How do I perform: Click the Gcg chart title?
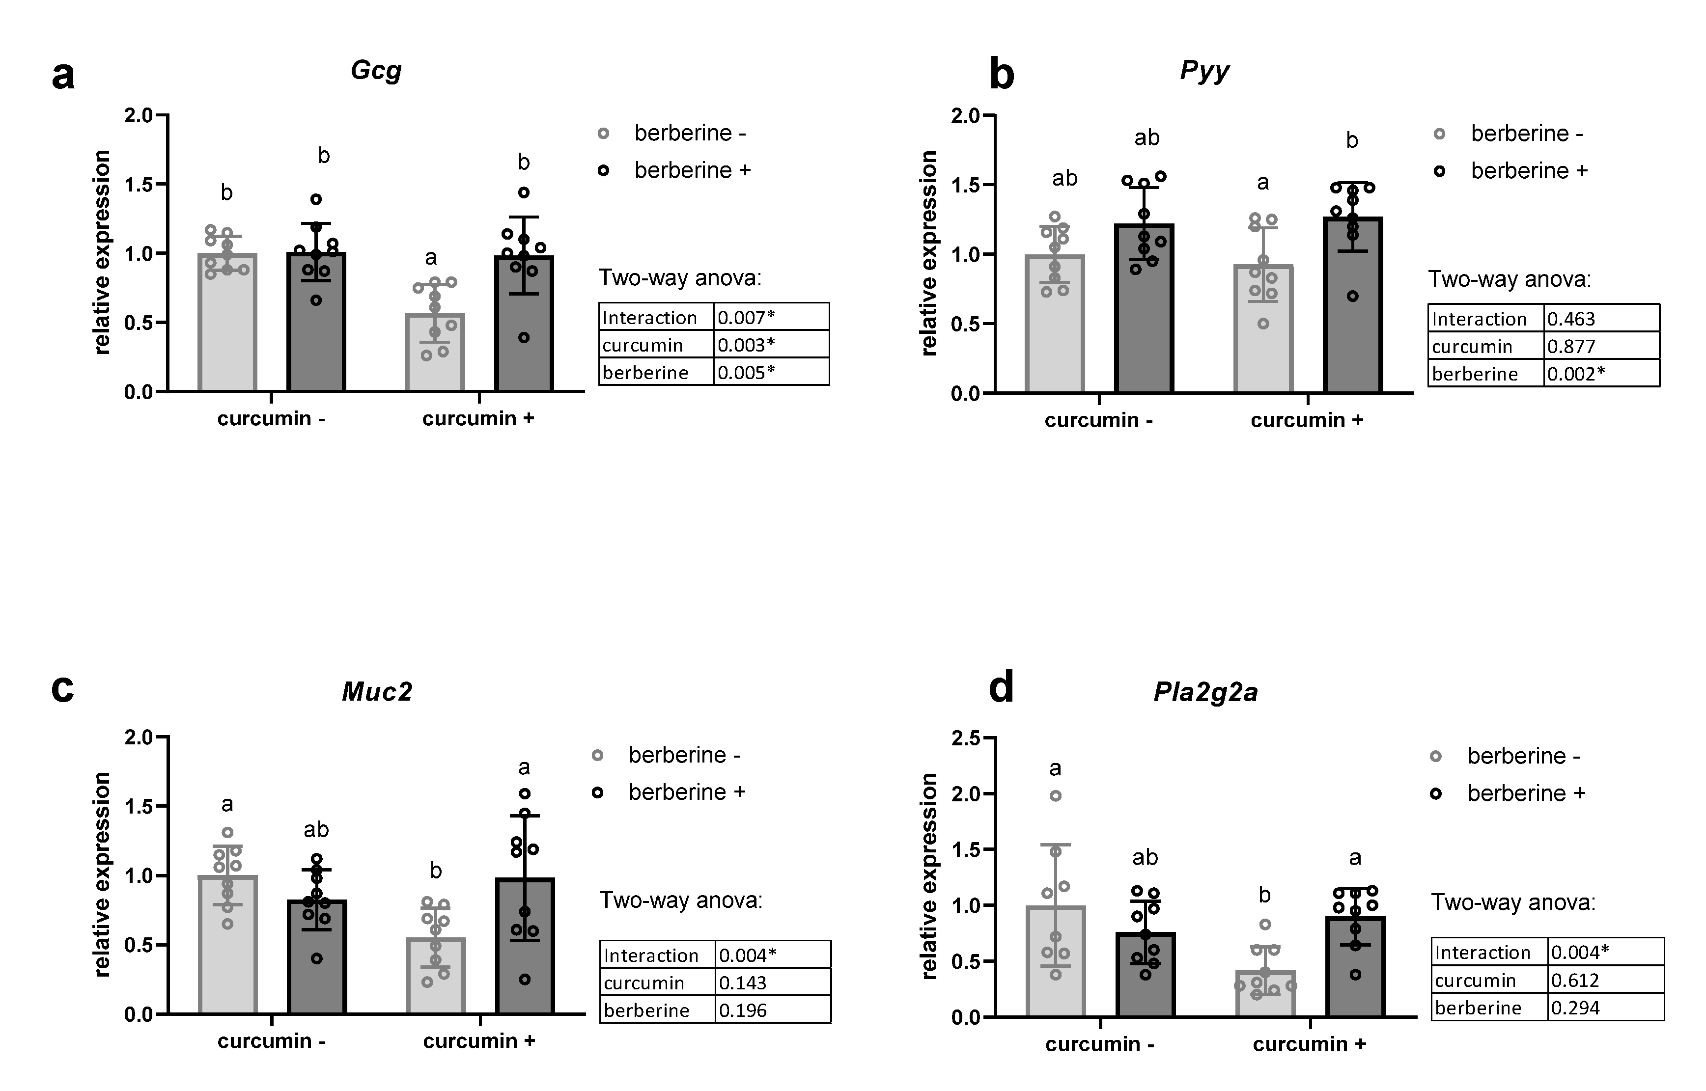pyautogui.click(x=376, y=71)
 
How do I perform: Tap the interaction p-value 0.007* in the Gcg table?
pyautogui.click(x=746, y=317)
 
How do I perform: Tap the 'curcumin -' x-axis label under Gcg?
pyautogui.click(x=272, y=419)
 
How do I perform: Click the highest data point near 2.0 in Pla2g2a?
pyautogui.click(x=1055, y=795)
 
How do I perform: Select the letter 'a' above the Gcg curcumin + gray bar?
pyautogui.click(x=431, y=257)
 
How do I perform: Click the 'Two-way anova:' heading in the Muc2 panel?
pyautogui.click(x=681, y=900)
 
